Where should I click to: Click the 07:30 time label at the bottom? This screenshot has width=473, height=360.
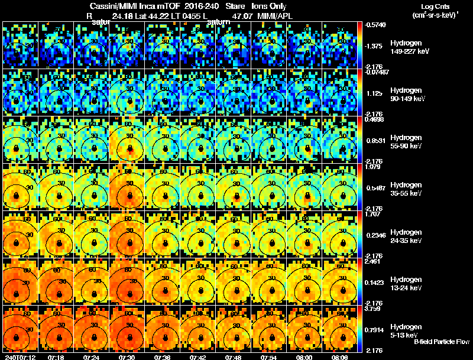tap(128, 356)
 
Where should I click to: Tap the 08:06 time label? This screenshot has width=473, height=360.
tap(341, 356)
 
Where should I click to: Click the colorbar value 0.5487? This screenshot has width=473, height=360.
tap(374, 187)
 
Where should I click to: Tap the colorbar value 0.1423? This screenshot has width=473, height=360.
tap(374, 282)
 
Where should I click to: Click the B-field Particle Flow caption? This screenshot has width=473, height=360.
tap(442, 342)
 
